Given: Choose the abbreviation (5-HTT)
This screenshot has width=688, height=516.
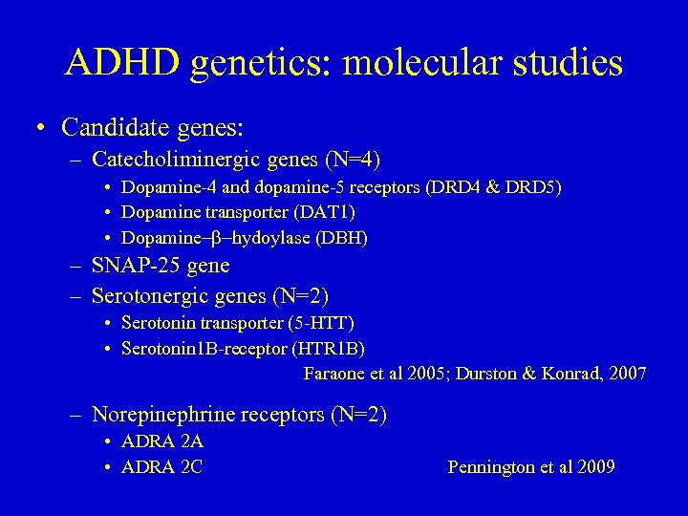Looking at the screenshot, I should click(x=326, y=325).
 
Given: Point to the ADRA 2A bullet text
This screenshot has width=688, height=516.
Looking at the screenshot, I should click(x=162, y=442).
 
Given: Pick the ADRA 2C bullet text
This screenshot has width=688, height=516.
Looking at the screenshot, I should click(x=162, y=467).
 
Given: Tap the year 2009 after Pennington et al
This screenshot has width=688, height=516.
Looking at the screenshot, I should click(x=594, y=467).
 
